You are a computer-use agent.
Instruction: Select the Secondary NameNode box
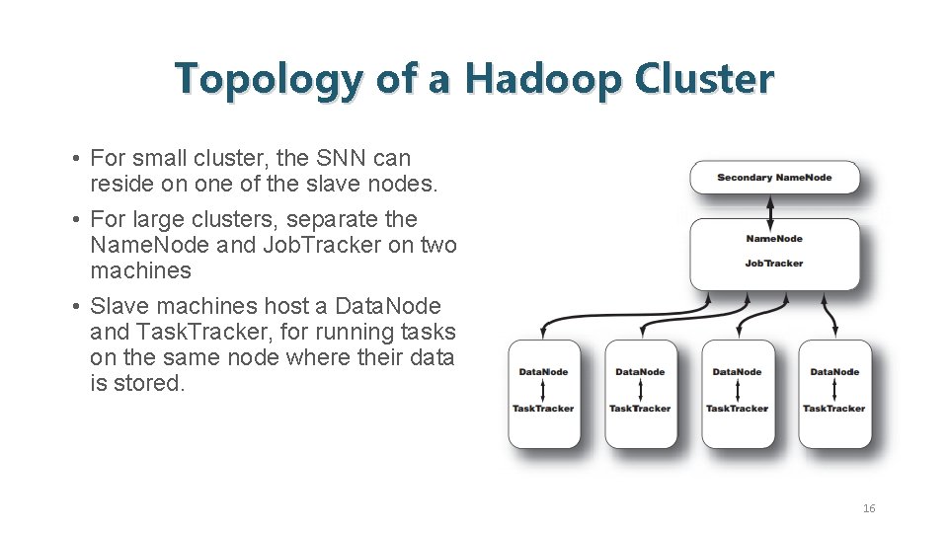[774, 178]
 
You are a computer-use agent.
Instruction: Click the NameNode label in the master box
[774, 239]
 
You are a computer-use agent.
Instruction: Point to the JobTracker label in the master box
[774, 264]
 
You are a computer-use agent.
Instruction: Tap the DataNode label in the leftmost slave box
[543, 372]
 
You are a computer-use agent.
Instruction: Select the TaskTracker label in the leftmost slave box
[543, 409]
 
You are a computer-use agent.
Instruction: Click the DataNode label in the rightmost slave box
[834, 372]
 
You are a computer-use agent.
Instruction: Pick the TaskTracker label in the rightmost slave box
[834, 409]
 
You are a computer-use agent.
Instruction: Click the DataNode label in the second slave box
[640, 372]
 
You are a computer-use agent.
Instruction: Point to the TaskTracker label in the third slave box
[737, 409]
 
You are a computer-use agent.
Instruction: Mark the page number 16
[869, 508]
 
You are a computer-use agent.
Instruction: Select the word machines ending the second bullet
[140, 270]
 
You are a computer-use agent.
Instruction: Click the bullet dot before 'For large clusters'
[75, 220]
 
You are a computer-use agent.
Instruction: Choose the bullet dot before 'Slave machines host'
[75, 307]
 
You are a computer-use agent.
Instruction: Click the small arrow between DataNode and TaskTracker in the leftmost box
[543, 391]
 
